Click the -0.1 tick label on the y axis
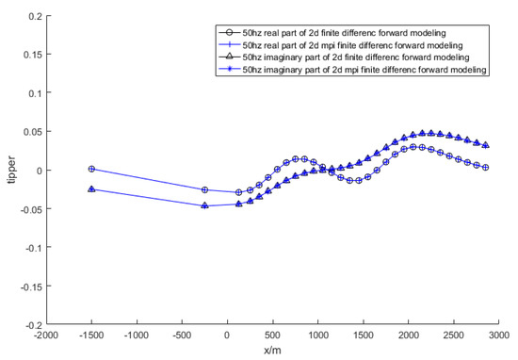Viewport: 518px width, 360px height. click(x=33, y=247)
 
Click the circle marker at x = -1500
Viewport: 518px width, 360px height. click(x=91, y=169)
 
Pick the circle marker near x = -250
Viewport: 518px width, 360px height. click(x=205, y=189)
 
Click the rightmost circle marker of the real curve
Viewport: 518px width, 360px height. click(x=486, y=167)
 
